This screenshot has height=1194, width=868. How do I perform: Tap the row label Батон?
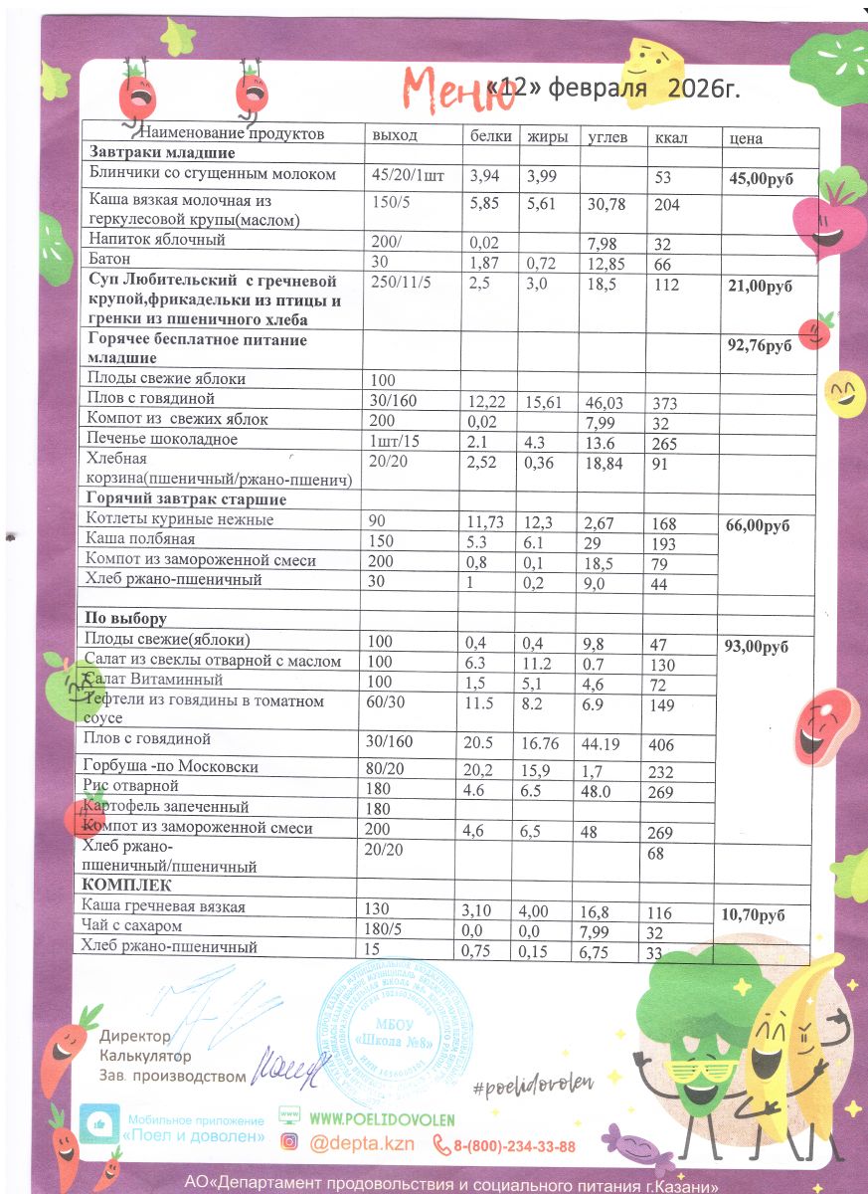point(108,260)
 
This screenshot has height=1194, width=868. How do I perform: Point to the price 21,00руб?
point(762,286)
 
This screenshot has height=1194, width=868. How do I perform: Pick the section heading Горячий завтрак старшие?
point(186,498)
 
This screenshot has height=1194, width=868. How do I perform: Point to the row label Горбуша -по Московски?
point(172,767)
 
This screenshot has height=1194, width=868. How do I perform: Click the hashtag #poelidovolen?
point(532,1083)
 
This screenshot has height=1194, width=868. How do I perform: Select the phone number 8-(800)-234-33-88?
point(514,1146)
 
